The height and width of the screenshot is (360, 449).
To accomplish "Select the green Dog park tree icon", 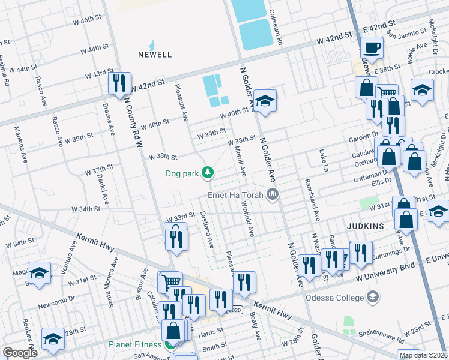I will click(208, 173).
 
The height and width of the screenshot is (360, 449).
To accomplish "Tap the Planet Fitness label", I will click(134, 344).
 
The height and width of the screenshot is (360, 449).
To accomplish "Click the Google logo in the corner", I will click(20, 353).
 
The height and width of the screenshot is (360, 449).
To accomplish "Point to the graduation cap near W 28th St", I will click(53, 338).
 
